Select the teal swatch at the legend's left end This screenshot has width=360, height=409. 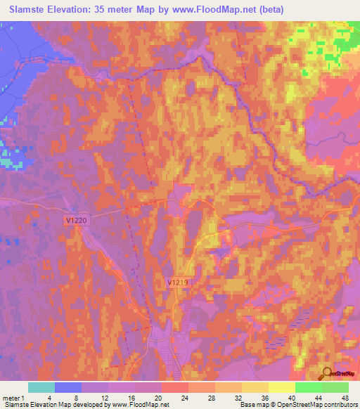41,387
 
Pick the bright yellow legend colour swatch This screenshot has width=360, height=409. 282,387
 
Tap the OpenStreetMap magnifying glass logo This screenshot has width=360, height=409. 328,374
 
